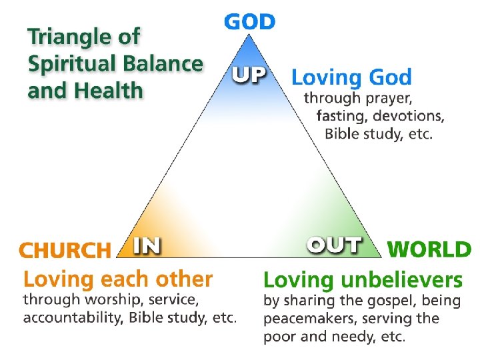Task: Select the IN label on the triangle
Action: tap(147, 245)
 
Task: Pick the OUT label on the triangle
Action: tap(334, 245)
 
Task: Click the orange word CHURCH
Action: tap(65, 250)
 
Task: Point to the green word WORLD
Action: tap(429, 250)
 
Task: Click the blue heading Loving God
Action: tap(351, 77)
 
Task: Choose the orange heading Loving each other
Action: tap(118, 279)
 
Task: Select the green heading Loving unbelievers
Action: tap(363, 279)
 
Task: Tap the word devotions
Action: tap(408, 116)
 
